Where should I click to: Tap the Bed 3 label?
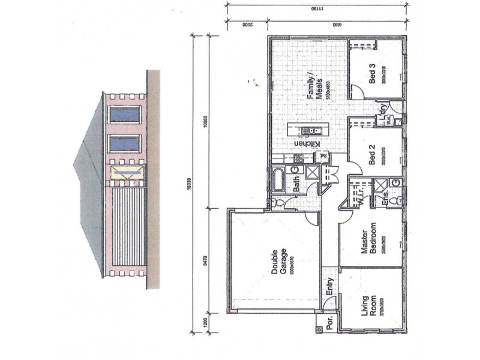pos(372,75)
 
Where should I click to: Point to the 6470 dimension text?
pos(205,260)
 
